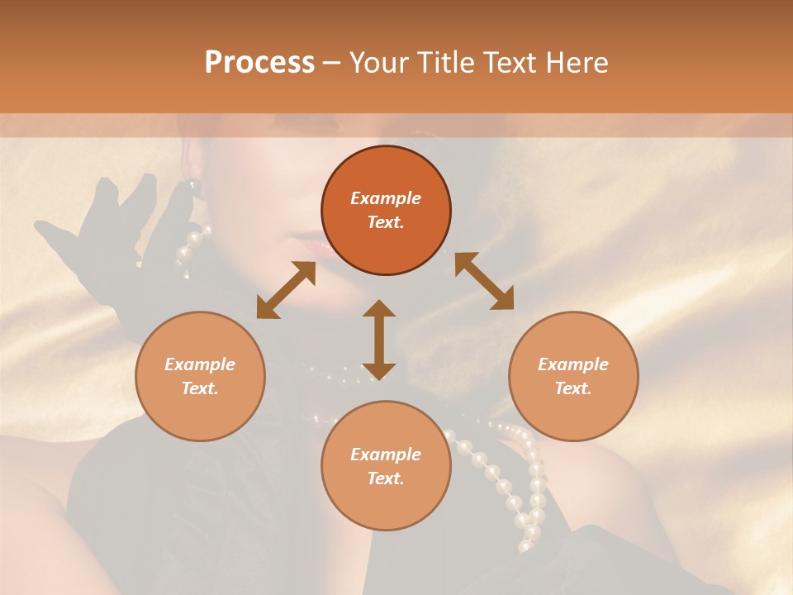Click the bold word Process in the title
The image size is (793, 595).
click(x=259, y=63)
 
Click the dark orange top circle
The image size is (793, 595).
click(x=386, y=211)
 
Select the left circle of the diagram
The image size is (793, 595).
click(x=200, y=376)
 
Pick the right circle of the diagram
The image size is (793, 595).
click(x=573, y=376)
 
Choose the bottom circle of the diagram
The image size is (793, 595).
click(x=386, y=465)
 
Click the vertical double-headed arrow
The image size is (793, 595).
click(x=379, y=340)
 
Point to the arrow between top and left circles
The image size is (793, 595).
click(x=286, y=290)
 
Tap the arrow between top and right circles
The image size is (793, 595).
click(x=484, y=281)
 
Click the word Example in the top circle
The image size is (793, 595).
click(x=386, y=198)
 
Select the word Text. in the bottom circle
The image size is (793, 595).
click(x=386, y=478)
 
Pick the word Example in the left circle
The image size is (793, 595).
click(x=200, y=364)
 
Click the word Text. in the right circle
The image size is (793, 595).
click(x=573, y=388)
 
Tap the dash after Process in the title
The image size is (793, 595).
click(x=331, y=63)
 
